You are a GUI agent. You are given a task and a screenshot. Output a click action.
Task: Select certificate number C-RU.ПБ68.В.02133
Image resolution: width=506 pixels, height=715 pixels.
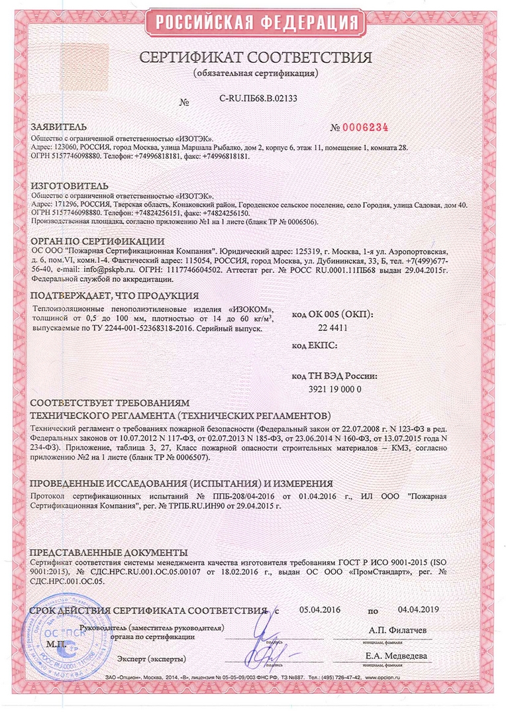pyautogui.click(x=258, y=99)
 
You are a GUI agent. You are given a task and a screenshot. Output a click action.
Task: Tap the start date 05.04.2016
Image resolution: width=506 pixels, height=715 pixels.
pyautogui.click(x=319, y=610)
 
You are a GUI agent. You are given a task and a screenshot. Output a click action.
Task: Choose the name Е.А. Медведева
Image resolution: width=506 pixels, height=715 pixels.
pyautogui.click(x=395, y=656)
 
